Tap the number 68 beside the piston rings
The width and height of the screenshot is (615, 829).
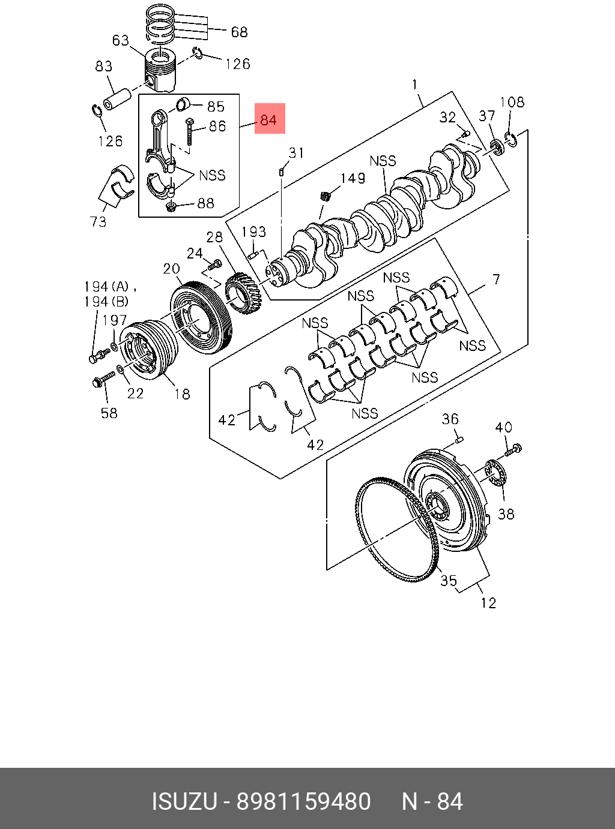point(239,31)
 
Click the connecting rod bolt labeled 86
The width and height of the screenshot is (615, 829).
point(189,132)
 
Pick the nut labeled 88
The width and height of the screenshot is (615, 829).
point(170,208)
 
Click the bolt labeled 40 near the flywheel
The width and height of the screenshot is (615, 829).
point(514,449)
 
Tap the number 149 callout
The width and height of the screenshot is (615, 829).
point(353,178)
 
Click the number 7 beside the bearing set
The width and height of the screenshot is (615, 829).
point(496,279)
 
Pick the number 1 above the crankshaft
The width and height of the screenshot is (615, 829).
point(414,85)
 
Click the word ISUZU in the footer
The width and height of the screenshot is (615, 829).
point(184,801)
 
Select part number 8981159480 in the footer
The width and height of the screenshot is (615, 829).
point(304,801)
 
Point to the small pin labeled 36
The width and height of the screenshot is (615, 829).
point(459,440)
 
